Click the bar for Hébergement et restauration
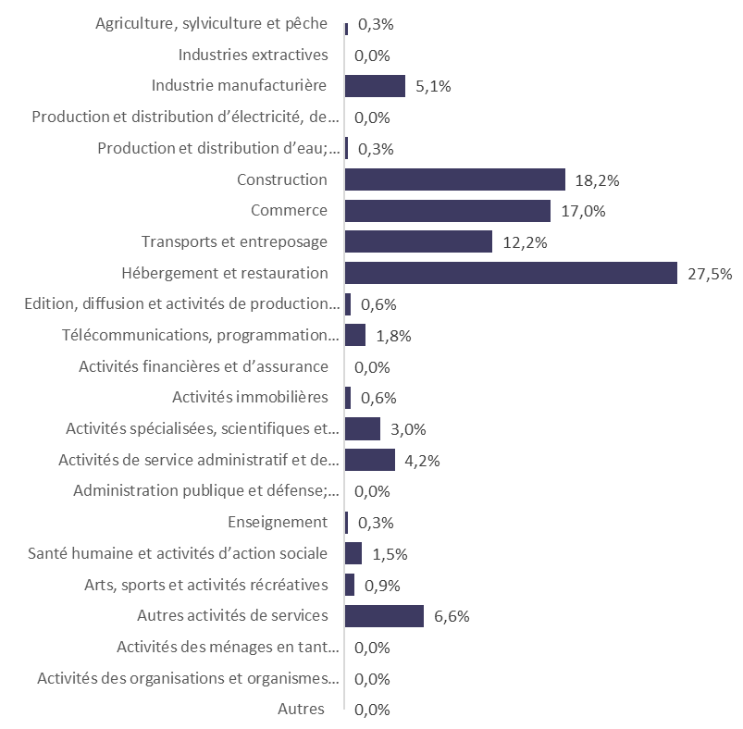pyautogui.click(x=511, y=273)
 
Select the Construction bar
pyautogui.click(x=454, y=179)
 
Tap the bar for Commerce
pyautogui.click(x=447, y=210)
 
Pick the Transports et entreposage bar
pyautogui.click(x=417, y=241)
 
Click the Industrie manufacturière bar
pyautogui.click(x=375, y=86)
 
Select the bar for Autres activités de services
pyautogui.click(x=384, y=615)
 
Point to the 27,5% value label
pyautogui.click(x=710, y=274)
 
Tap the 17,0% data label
pyautogui.click(x=583, y=211)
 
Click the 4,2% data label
pyautogui.click(x=422, y=461)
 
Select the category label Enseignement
pyautogui.click(x=278, y=523)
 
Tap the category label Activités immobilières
pyautogui.click(x=250, y=398)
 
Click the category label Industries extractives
pyautogui.click(x=253, y=56)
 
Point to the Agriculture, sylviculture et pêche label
pyautogui.click(x=211, y=24)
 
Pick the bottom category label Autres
pyautogui.click(x=302, y=710)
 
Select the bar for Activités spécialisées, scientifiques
pyautogui.click(x=362, y=428)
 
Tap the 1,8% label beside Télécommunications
pyautogui.click(x=393, y=336)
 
